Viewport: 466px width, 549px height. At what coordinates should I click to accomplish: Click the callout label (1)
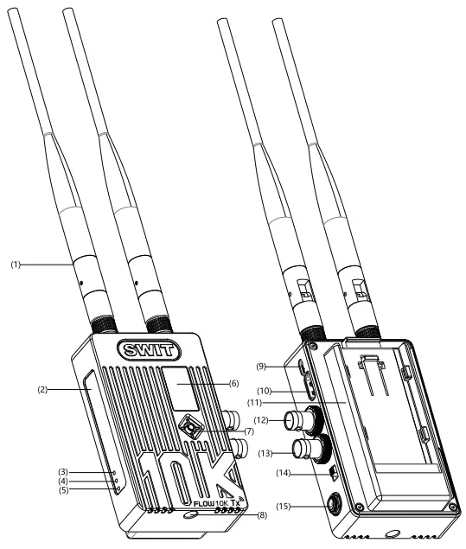pyautogui.click(x=16, y=265)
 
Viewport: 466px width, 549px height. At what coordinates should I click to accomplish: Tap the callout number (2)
pyautogui.click(x=42, y=389)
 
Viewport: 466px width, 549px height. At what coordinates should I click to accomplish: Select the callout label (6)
pyautogui.click(x=234, y=384)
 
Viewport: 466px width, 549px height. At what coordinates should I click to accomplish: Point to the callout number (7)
pyautogui.click(x=249, y=431)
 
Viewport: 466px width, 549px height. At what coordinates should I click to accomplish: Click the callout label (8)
pyautogui.click(x=263, y=515)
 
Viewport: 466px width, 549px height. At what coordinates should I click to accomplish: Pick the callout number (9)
pyautogui.click(x=261, y=367)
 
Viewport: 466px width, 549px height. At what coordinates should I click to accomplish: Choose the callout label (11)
pyautogui.click(x=254, y=403)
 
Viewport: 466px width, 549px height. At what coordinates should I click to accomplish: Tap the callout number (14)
pyautogui.click(x=284, y=473)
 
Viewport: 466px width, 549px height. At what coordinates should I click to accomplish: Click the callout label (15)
pyautogui.click(x=284, y=506)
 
